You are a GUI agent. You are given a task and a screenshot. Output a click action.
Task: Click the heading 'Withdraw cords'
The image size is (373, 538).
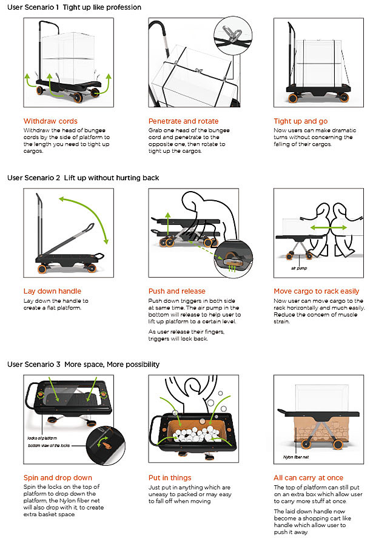tap(50, 121)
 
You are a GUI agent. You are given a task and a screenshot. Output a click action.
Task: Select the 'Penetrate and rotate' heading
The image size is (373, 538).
tap(184, 121)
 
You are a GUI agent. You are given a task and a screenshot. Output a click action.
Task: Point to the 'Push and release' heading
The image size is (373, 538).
tap(177, 291)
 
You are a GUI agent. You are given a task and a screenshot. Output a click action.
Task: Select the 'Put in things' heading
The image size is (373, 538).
tap(170, 477)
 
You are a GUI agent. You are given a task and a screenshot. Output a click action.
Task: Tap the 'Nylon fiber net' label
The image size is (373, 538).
tap(296, 456)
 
